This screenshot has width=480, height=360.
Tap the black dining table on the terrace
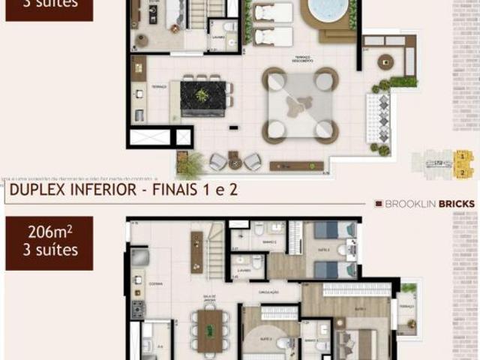coord(202,97)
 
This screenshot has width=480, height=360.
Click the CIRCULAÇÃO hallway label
coord(268,291)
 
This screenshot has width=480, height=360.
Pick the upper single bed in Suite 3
coord(334,229)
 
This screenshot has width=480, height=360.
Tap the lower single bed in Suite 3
coord(334,269)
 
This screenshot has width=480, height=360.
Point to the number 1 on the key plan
coord(464,157)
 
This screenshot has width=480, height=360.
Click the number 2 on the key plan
coord(464,173)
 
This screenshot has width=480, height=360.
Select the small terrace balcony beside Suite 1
coord(407,308)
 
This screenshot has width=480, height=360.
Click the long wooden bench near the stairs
coord(196,251)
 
